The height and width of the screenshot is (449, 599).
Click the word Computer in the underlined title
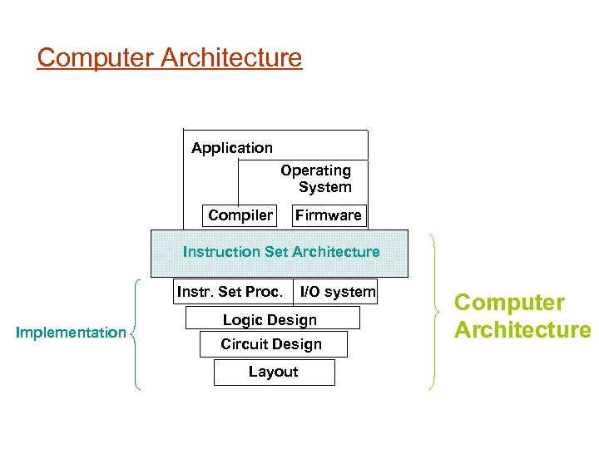[96, 58]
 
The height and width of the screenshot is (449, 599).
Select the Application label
[232, 148]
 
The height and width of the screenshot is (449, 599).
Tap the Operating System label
[316, 179]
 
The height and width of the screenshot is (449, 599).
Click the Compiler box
[240, 215]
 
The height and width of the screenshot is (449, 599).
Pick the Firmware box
[329, 215]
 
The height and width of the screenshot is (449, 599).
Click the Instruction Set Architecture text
[281, 252]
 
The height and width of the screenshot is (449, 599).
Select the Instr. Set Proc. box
[230, 292]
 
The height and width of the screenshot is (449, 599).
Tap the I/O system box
[337, 292]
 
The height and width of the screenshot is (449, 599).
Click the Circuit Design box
[272, 344]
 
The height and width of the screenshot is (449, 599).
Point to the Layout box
[274, 372]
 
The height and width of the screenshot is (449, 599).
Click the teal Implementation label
[72, 333]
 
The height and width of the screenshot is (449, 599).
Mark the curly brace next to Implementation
[136, 333]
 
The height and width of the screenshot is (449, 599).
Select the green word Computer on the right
[509, 303]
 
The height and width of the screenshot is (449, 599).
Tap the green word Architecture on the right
[522, 330]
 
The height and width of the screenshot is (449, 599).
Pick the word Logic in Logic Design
[242, 319]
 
